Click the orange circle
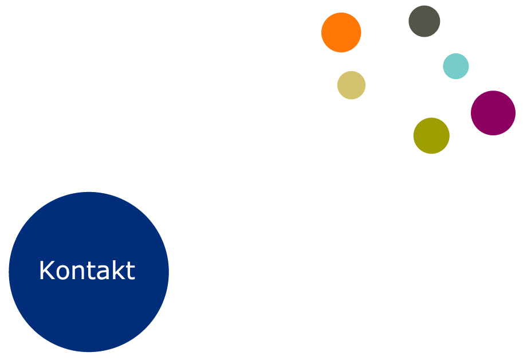point(341,32)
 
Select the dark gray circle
point(424,21)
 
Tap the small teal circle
point(456,66)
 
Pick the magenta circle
point(493,113)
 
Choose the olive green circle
point(431,136)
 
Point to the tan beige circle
point(351,85)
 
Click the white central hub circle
point(400,87)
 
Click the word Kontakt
point(87,271)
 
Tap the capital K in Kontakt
point(46,271)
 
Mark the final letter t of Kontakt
point(131,271)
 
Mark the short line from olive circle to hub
point(419,115)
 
